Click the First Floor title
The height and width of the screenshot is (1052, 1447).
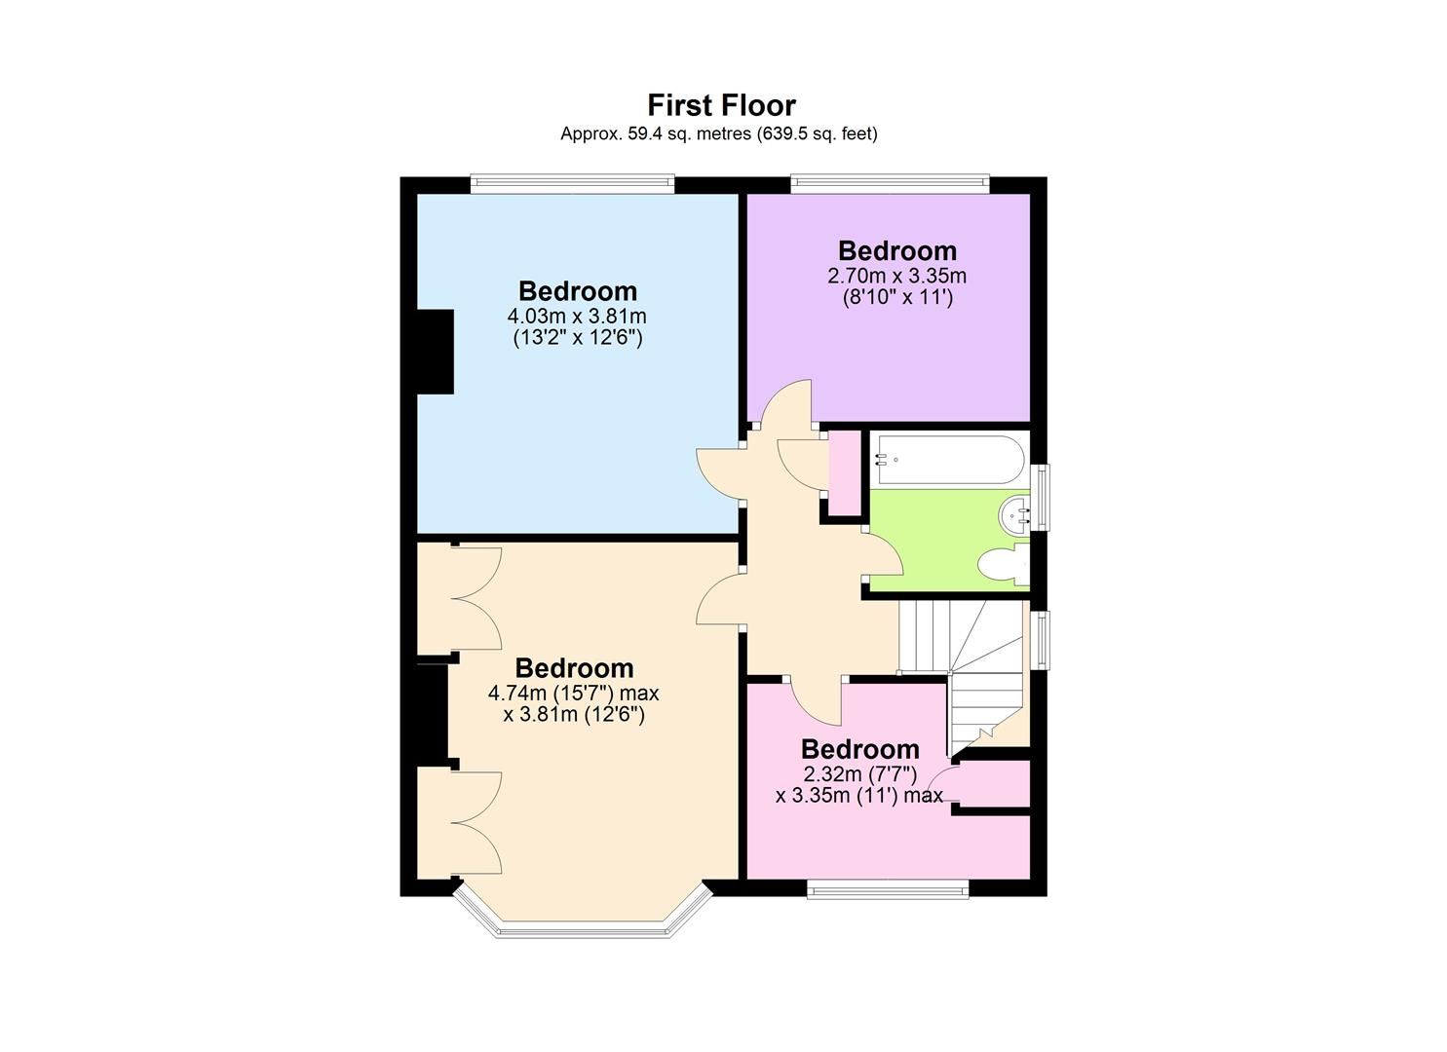[x=721, y=105]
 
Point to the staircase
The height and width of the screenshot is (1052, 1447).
[x=965, y=672]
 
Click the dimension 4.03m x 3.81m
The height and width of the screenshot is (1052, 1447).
[x=577, y=317]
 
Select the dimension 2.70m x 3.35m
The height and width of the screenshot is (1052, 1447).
[x=896, y=277]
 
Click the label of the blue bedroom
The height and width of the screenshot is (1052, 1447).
[x=577, y=290]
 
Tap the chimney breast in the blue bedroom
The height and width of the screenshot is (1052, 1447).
[x=436, y=352]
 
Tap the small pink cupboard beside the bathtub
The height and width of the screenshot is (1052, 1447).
[x=843, y=473]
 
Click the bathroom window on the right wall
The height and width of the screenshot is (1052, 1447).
[x=1042, y=498]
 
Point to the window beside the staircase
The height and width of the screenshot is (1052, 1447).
[x=1042, y=640]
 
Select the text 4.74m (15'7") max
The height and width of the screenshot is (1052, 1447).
[x=574, y=694]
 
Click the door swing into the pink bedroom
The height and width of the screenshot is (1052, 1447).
[x=817, y=703]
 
